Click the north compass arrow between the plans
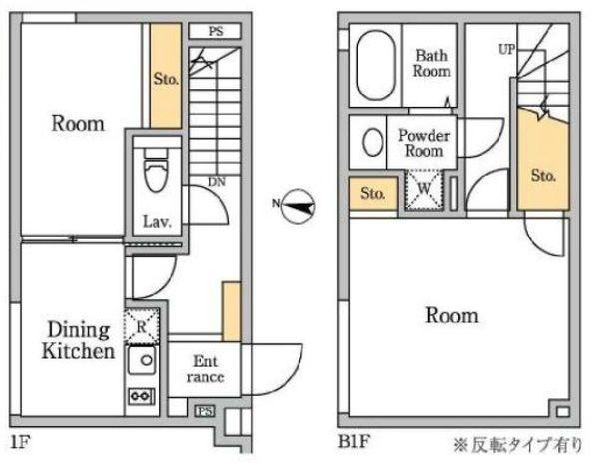[x=297, y=207]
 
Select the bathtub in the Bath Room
[x=375, y=66]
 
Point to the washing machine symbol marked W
[x=424, y=190]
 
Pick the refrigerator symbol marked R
[x=140, y=324]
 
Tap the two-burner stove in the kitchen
[x=140, y=396]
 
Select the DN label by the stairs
[x=216, y=182]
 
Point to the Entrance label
[x=204, y=370]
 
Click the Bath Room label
[x=433, y=64]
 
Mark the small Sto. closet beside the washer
[x=373, y=192]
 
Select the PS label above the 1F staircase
[x=215, y=32]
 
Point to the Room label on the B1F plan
[x=451, y=316]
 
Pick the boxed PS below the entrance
[x=204, y=410]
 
